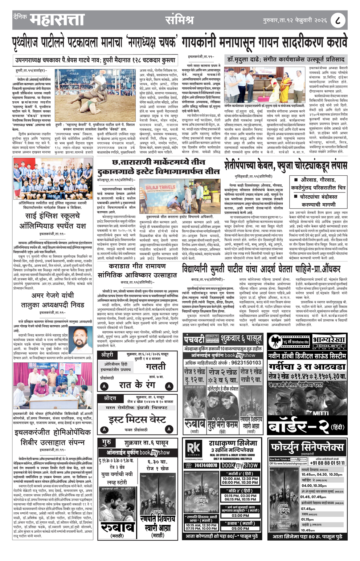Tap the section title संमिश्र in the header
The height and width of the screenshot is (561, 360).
(x=179, y=20)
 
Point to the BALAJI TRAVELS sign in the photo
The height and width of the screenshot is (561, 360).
(x=160, y=188)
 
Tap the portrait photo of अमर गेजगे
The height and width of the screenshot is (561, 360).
(x=82, y=340)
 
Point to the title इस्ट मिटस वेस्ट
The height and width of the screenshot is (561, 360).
(x=137, y=419)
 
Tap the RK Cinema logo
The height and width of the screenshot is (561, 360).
(x=194, y=449)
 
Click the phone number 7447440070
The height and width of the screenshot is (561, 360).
(x=206, y=465)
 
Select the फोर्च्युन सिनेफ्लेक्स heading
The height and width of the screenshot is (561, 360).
(x=307, y=446)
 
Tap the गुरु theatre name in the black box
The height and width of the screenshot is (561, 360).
(x=106, y=443)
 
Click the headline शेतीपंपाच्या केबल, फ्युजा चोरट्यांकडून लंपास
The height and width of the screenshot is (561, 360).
(x=285, y=166)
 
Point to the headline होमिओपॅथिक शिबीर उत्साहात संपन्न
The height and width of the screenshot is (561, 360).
(x=53, y=438)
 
